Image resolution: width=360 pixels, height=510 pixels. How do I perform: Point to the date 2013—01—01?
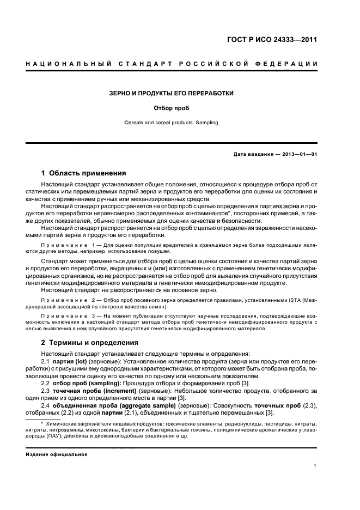click(298, 154)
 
